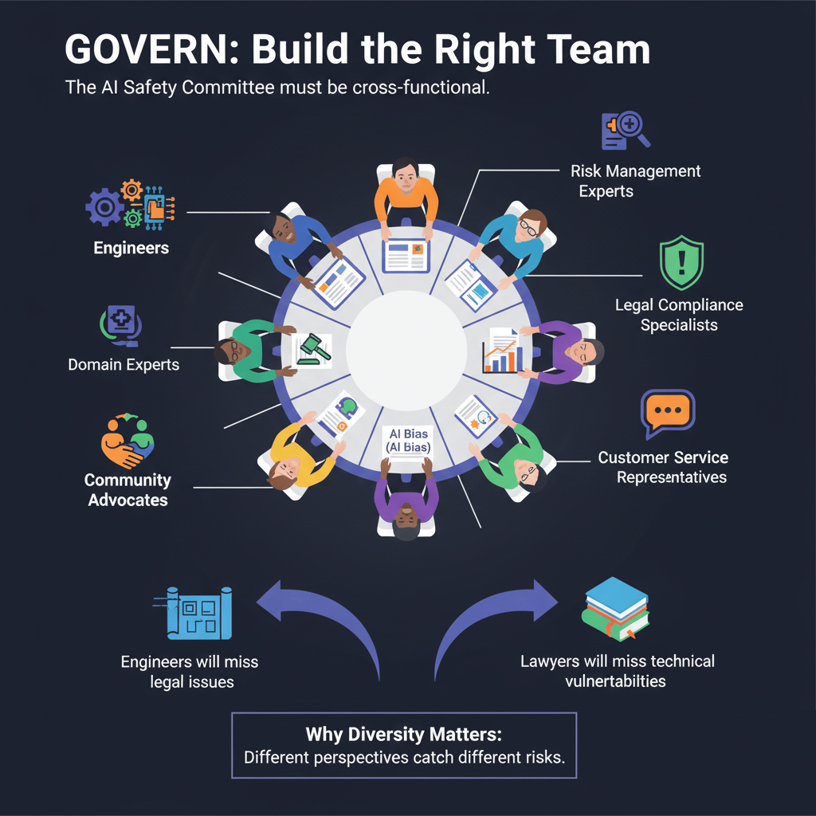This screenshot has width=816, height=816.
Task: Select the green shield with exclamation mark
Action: [x=681, y=263]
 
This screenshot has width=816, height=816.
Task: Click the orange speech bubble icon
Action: [x=668, y=414]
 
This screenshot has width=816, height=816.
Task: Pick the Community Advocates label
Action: [x=127, y=490]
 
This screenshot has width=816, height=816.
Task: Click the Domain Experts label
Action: [x=124, y=365]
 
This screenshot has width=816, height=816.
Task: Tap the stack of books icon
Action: [x=615, y=610]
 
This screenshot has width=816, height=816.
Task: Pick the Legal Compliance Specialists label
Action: [x=679, y=315]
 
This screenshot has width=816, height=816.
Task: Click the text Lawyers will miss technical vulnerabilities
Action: [x=617, y=671]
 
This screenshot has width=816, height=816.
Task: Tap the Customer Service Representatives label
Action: [x=663, y=468]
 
